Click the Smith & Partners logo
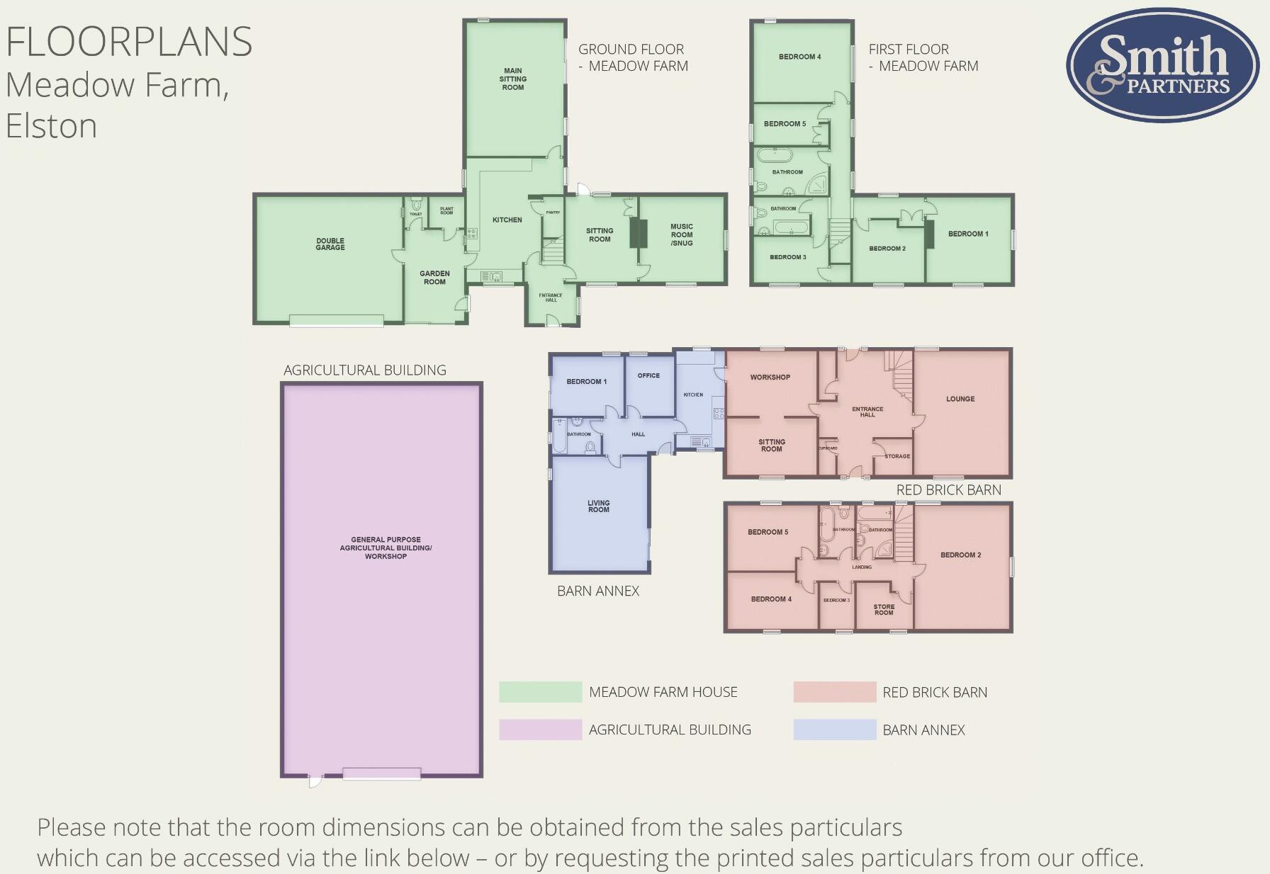pyautogui.click(x=1162, y=65)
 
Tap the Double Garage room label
pyautogui.click(x=330, y=244)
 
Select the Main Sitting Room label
pyautogui.click(x=513, y=79)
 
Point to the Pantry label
pyautogui.click(x=553, y=212)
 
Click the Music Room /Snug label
pyautogui.click(x=682, y=235)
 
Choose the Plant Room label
pyautogui.click(x=446, y=211)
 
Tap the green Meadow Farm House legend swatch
pyautogui.click(x=540, y=692)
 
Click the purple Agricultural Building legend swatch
pyautogui.click(x=540, y=730)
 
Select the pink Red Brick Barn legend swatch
pyautogui.click(x=834, y=692)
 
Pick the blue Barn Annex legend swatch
pyautogui.click(x=834, y=730)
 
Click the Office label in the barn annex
pyautogui.click(x=648, y=376)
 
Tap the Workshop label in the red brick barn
pyautogui.click(x=770, y=378)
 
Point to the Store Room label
pyautogui.click(x=884, y=610)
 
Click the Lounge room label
pyautogui.click(x=960, y=399)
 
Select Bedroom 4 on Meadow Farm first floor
pyautogui.click(x=799, y=57)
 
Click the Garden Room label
pyautogui.click(x=434, y=278)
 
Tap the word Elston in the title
pyautogui.click(x=52, y=126)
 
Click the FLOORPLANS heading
pyautogui.click(x=129, y=42)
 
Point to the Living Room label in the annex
pyautogui.click(x=598, y=506)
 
